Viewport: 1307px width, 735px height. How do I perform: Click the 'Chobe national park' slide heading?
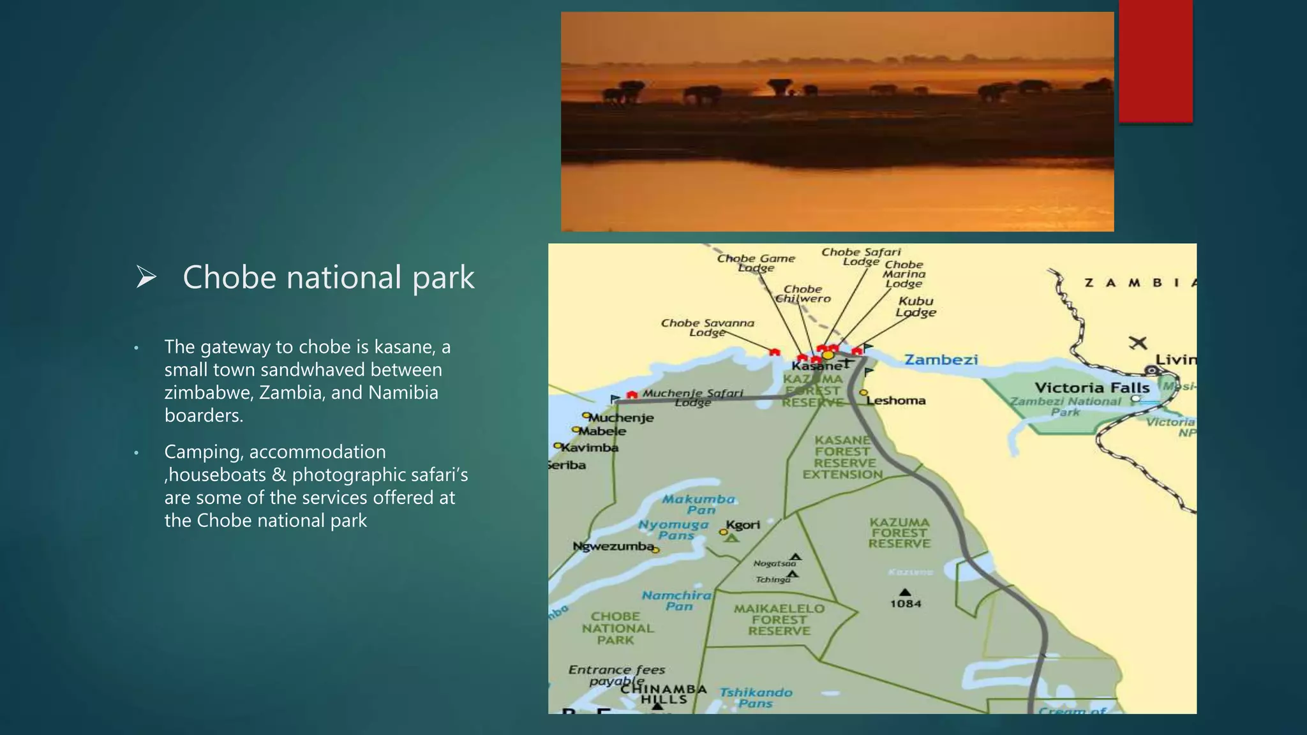click(328, 278)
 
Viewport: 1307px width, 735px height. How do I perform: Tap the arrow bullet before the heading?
click(146, 278)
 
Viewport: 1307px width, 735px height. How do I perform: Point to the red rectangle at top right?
click(1155, 61)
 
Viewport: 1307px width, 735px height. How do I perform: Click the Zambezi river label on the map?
click(941, 360)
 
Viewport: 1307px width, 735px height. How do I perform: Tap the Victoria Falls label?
click(1091, 388)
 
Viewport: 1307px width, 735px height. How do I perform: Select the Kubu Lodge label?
click(916, 306)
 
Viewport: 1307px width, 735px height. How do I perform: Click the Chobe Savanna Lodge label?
click(707, 327)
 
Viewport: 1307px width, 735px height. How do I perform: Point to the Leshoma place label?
click(896, 401)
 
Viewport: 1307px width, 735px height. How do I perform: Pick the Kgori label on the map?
click(743, 525)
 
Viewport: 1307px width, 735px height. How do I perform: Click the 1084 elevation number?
click(906, 604)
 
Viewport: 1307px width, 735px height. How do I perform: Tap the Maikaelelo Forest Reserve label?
click(779, 620)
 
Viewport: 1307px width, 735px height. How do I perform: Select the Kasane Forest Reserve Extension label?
click(842, 457)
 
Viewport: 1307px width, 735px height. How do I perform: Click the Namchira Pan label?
click(676, 600)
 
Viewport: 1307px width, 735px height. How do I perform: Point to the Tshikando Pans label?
click(756, 698)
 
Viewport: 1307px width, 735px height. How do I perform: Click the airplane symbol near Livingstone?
click(1137, 343)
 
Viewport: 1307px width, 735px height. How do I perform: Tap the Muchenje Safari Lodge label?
click(692, 397)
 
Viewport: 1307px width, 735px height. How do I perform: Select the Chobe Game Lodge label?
click(756, 263)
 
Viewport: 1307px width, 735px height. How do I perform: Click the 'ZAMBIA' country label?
click(1139, 283)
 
